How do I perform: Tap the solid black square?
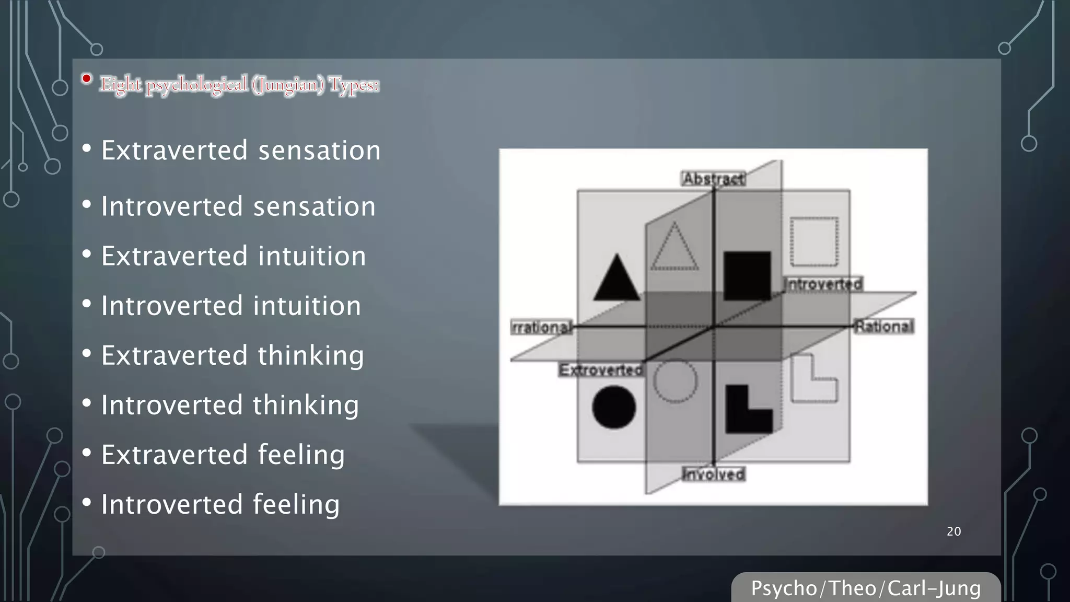coord(747,275)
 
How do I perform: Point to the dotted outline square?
coord(814,242)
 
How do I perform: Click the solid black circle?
coord(614,407)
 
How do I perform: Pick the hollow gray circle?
coord(675,381)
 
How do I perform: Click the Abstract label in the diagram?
coord(714,179)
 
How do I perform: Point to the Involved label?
coord(714,474)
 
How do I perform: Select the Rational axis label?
coord(884,327)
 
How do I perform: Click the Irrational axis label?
coord(542,327)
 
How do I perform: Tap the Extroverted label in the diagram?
coord(601,370)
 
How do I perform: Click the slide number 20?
coord(953,531)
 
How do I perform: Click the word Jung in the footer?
coord(959,588)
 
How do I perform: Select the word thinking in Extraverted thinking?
coord(310,356)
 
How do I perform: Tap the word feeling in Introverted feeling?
coord(296,505)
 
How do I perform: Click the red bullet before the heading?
coord(87,79)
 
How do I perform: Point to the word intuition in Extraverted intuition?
coord(312,256)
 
